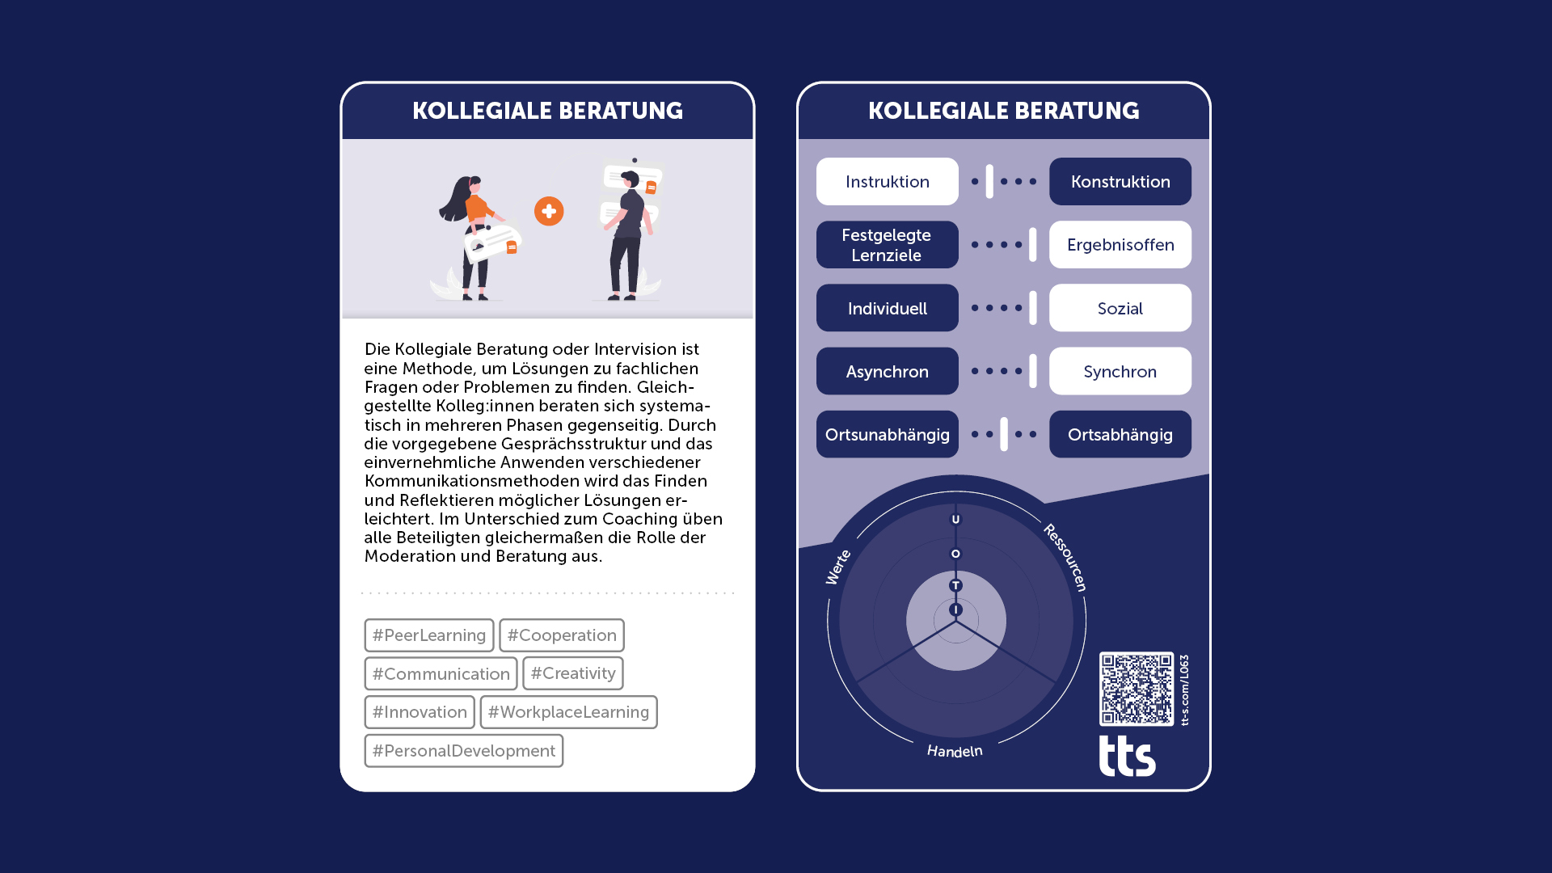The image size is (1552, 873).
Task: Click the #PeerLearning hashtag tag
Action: tap(429, 635)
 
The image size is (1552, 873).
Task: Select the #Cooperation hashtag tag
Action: tap(562, 635)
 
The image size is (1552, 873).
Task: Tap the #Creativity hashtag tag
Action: tap(573, 673)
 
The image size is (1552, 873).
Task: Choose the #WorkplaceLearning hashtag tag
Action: tap(568, 712)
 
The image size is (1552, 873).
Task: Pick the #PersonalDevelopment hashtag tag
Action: tap(464, 751)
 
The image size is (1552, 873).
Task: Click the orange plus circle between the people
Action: tap(549, 212)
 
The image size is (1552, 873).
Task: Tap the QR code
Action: tap(1137, 689)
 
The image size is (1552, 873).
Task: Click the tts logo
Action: tap(1128, 756)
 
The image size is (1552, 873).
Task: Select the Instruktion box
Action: tap(888, 181)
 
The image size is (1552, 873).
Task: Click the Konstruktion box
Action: tap(1120, 181)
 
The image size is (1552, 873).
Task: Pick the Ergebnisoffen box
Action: tap(1120, 245)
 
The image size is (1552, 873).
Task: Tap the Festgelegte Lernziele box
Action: tap(888, 245)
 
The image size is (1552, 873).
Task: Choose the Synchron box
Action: tap(1120, 371)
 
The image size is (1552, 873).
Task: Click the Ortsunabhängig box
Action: tap(888, 434)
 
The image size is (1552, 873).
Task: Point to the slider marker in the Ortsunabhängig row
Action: tap(1004, 434)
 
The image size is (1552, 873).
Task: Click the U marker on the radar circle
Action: tap(955, 520)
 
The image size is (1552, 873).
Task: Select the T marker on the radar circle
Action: tap(955, 585)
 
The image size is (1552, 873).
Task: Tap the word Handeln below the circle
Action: tap(955, 751)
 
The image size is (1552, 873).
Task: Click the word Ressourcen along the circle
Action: tap(1065, 558)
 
